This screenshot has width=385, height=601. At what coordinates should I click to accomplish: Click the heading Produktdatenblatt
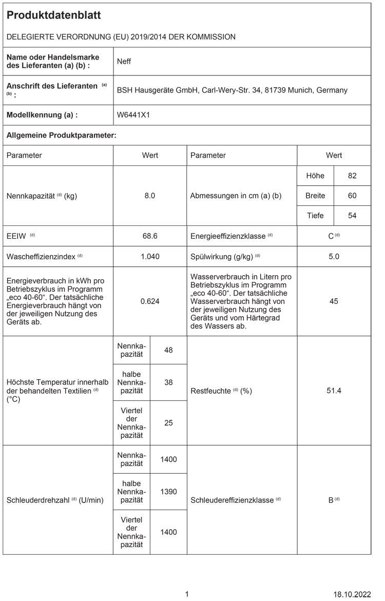[x=53, y=15]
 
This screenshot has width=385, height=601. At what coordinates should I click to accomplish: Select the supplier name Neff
[x=124, y=62]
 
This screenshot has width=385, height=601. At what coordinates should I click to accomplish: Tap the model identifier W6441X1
[x=133, y=115]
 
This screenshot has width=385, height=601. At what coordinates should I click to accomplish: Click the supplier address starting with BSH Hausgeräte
[x=232, y=90]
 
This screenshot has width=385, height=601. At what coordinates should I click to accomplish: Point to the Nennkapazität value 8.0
[x=150, y=196]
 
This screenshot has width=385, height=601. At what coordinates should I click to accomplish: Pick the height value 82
[x=352, y=176]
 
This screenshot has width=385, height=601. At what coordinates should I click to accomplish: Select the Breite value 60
[x=352, y=196]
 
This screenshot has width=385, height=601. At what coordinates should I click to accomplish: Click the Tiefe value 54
[x=352, y=216]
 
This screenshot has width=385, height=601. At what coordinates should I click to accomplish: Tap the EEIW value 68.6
[x=150, y=236]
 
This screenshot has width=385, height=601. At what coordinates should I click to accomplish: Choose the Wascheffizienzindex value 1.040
[x=150, y=256]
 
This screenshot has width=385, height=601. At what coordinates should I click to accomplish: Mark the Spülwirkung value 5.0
[x=334, y=256]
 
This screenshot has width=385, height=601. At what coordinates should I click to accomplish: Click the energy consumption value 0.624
[x=150, y=301]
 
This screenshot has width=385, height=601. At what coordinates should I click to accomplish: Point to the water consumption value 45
[x=334, y=301]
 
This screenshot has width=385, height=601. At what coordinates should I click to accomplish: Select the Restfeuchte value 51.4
[x=334, y=391]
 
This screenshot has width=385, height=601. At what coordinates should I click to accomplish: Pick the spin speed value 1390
[x=168, y=491]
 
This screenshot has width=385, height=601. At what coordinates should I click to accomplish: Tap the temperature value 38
[x=168, y=382]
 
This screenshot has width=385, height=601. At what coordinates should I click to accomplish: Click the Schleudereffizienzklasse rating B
[x=332, y=500]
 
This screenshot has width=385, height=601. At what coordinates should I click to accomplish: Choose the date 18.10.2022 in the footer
[x=352, y=594]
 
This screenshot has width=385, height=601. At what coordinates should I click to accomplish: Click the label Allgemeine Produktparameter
[x=61, y=135]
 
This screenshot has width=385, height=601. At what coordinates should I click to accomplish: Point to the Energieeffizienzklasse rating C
[x=332, y=236]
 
